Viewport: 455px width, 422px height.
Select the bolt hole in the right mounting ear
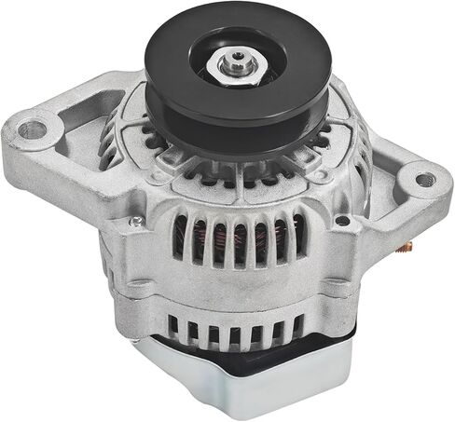point(423,179)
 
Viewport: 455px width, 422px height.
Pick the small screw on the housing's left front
point(137,222)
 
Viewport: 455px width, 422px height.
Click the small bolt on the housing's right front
point(343,221)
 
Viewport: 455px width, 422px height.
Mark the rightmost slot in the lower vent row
point(298,327)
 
